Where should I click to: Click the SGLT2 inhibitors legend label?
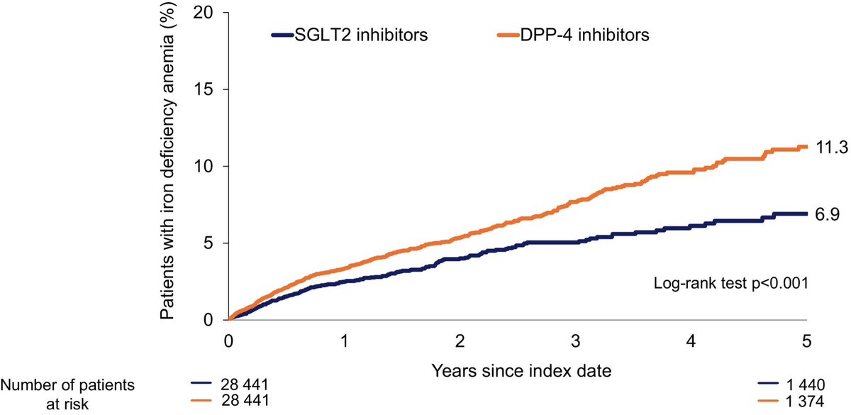point(360,35)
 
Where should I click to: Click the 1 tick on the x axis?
point(345,341)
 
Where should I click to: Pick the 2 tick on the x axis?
point(460,341)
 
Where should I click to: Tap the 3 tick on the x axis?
point(576,341)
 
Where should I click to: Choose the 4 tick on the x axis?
point(691,341)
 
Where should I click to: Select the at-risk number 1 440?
point(808,386)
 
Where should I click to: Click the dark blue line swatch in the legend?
point(282,35)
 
